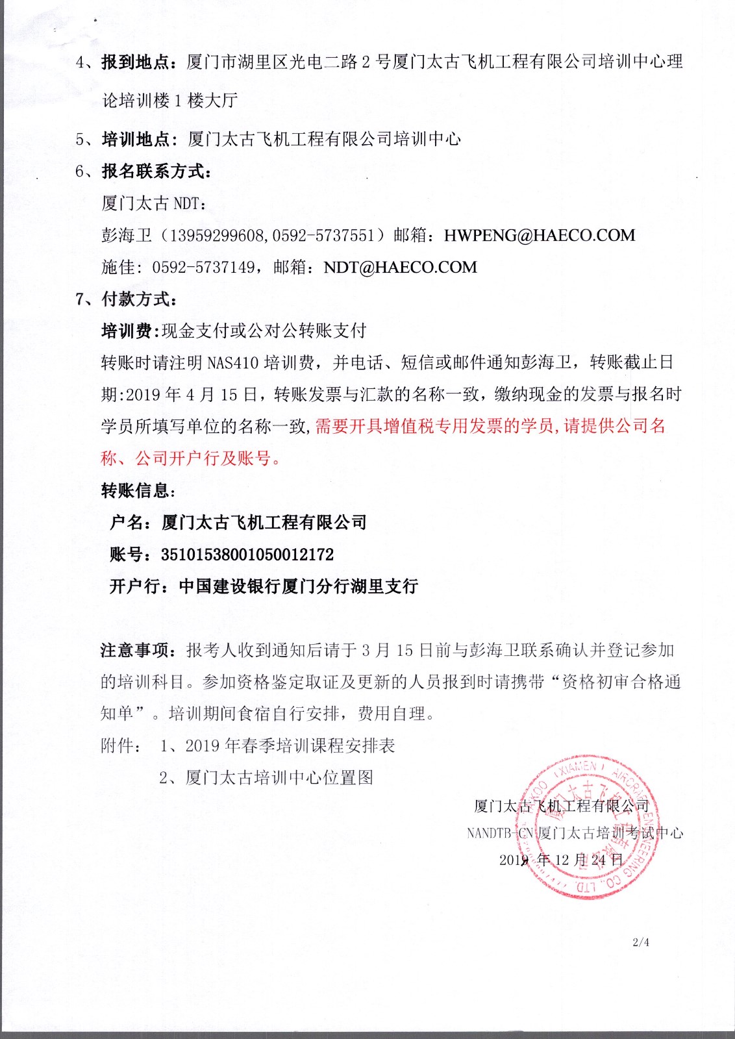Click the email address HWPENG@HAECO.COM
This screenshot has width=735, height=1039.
[539, 236]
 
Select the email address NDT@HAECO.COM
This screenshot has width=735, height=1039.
[400, 268]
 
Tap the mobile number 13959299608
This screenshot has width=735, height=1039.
[218, 236]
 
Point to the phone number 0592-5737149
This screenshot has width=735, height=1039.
[203, 268]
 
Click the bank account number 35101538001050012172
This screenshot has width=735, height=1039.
[247, 555]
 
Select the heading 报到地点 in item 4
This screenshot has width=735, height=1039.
[136, 62]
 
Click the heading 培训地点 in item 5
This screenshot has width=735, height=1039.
[136, 139]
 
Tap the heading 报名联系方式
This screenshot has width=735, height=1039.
[156, 171]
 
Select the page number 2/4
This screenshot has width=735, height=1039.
[641, 942]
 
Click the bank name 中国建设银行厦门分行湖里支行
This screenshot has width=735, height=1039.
[299, 586]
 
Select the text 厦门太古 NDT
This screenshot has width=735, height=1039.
[153, 203]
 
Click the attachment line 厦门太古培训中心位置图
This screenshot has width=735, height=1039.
[279, 777]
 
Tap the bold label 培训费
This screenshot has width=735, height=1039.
[127, 331]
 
